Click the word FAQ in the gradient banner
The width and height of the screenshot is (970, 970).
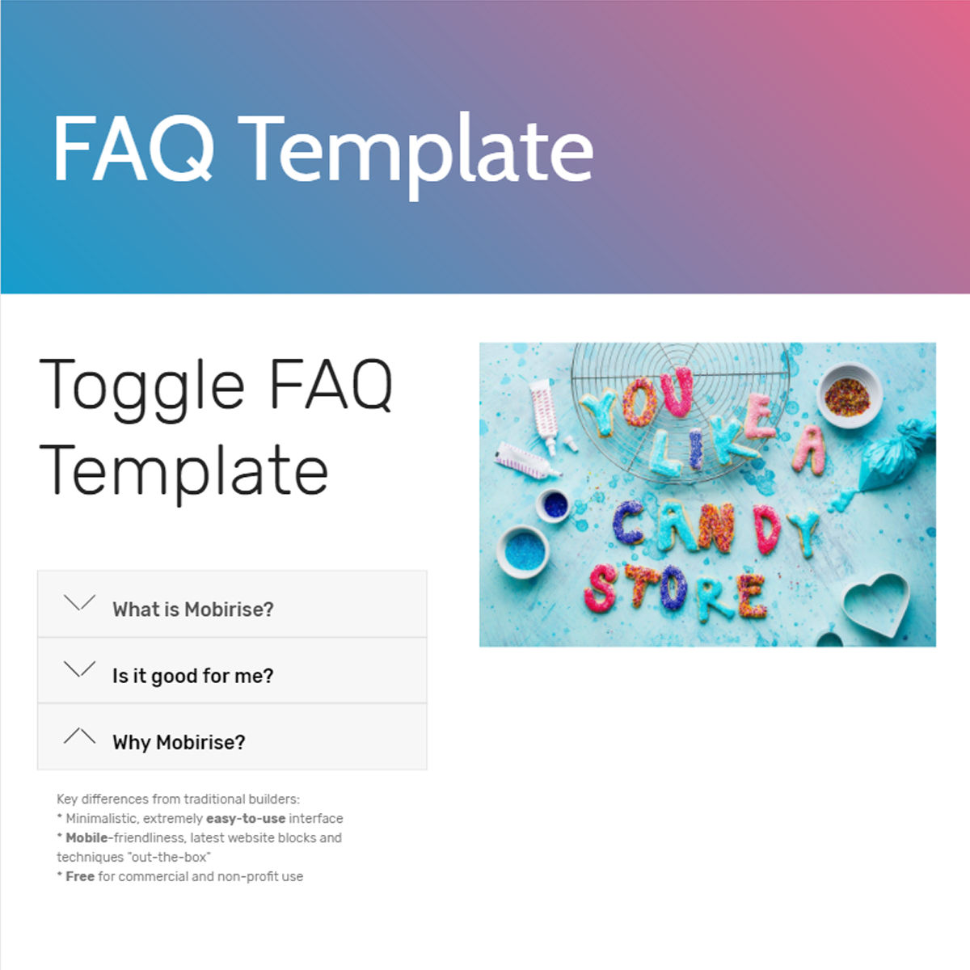point(133,149)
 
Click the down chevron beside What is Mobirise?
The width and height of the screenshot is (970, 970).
point(79,603)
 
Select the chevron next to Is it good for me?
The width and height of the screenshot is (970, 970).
point(79,669)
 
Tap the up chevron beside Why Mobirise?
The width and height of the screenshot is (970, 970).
point(79,736)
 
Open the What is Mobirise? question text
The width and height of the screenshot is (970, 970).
point(193,609)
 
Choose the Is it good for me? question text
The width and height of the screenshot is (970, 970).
point(193,676)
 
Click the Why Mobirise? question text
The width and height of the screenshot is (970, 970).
point(179,742)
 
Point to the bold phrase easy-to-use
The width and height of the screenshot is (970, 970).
point(246,818)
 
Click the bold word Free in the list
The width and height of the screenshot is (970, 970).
point(80,876)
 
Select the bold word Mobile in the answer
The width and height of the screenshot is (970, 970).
point(86,837)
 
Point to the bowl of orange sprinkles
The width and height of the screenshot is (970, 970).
point(847,396)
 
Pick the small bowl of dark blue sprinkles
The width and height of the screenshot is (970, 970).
point(555,505)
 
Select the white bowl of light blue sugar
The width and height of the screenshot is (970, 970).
point(524,550)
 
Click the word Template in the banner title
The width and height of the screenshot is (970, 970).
point(415,150)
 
